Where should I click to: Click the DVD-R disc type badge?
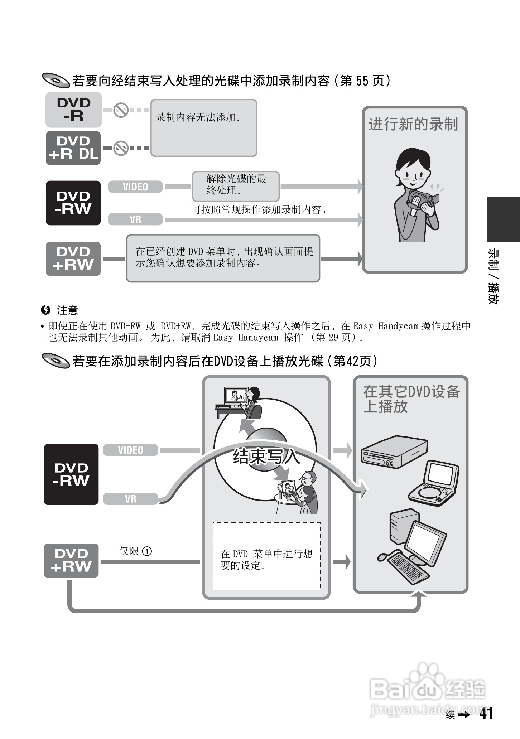(73, 110)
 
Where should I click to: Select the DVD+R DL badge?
(73, 148)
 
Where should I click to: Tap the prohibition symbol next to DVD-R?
(121, 110)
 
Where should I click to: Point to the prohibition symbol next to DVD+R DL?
(121, 148)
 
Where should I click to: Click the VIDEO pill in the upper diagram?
(135, 187)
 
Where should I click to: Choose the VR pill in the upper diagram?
(135, 219)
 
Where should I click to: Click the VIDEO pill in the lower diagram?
(130, 450)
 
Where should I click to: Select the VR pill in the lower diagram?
(130, 499)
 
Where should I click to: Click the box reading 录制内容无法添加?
(203, 128)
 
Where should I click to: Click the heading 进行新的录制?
(414, 124)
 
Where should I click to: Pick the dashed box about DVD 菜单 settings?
(266, 556)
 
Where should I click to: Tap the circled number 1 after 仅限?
(147, 551)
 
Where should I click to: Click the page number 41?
(486, 713)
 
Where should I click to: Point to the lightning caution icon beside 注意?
(45, 310)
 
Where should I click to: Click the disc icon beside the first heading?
(56, 81)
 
